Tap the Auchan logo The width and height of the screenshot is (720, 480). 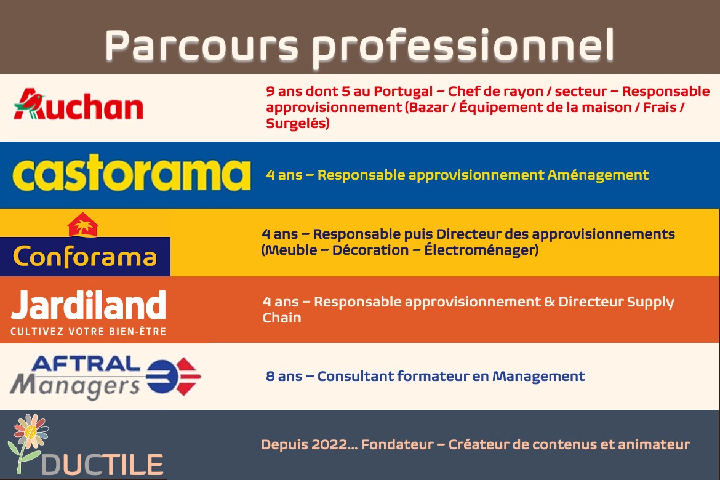click(79, 104)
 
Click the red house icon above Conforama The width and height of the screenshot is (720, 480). click(82, 225)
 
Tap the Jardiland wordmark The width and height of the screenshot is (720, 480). click(88, 305)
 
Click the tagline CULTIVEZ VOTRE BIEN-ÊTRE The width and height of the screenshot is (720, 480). click(88, 331)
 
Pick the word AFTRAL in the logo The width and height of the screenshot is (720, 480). click(86, 364)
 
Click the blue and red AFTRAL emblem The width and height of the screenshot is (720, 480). click(174, 376)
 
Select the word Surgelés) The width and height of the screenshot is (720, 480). click(298, 124)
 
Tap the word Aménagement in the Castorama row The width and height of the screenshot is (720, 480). click(598, 175)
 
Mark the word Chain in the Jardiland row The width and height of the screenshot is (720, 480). click(282, 318)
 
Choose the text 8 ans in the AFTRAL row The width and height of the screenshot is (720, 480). click(284, 377)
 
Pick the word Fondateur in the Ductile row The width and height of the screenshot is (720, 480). click(397, 445)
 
